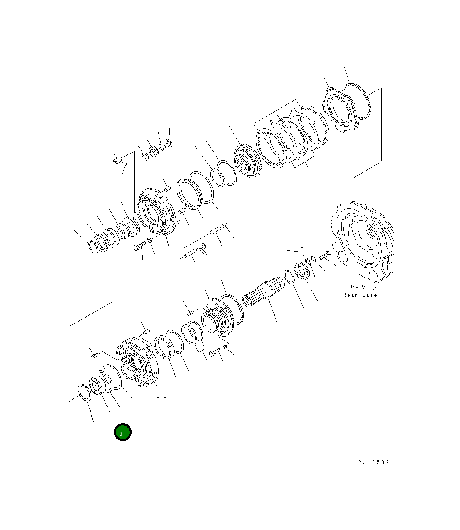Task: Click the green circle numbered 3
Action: tap(123, 433)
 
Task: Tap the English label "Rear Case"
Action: tap(360, 295)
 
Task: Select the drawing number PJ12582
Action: tap(373, 462)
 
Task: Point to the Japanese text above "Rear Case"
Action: tap(360, 287)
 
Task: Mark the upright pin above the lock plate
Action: tap(302, 252)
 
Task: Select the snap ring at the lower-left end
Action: tap(83, 391)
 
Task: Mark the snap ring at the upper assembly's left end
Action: tap(94, 247)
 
